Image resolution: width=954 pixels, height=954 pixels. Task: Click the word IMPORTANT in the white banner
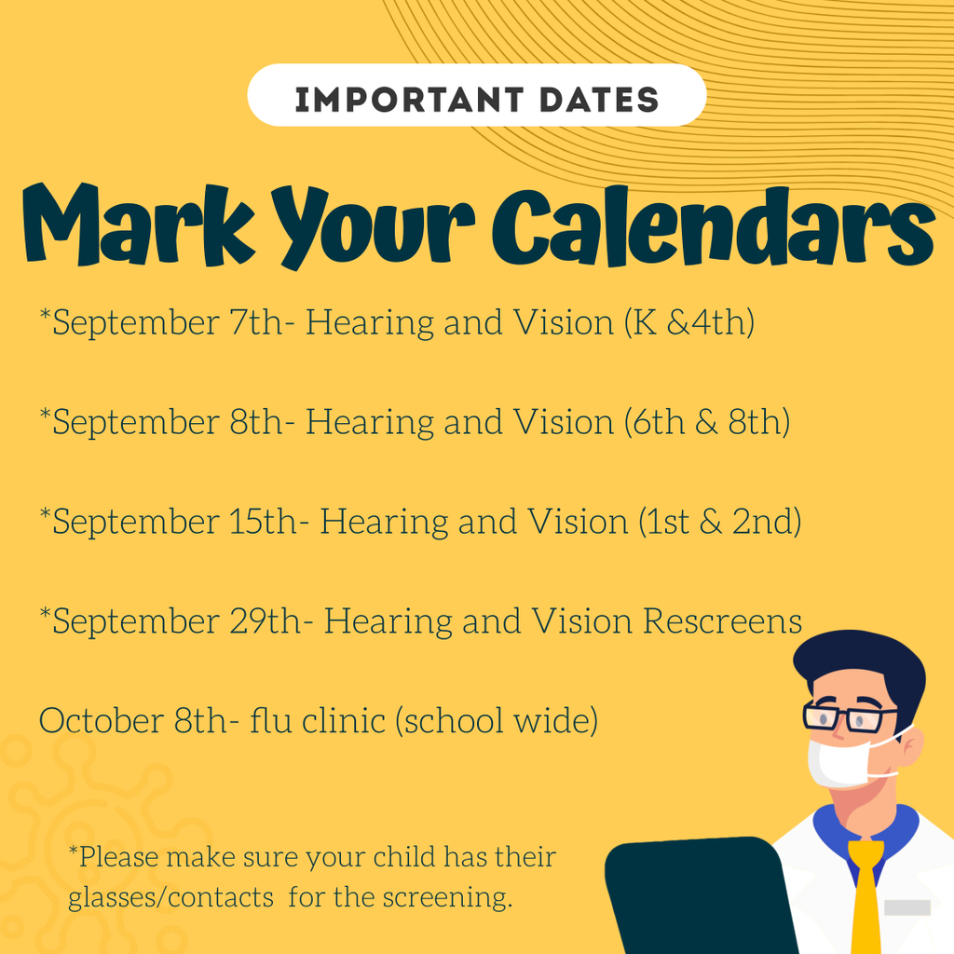409,100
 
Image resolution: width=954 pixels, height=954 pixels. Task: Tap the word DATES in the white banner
599,100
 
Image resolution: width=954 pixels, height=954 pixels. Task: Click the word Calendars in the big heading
713,226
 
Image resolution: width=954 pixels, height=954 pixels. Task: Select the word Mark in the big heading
139,225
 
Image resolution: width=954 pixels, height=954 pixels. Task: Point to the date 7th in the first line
256,321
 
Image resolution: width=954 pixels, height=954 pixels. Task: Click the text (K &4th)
689,321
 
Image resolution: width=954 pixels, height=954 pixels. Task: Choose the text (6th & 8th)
707,422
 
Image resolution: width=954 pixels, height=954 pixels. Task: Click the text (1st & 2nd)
720,522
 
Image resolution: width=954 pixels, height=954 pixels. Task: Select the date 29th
266,621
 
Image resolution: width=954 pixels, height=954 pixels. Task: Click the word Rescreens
723,621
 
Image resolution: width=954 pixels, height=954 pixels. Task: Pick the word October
102,720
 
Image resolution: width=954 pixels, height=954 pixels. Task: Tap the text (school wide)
497,721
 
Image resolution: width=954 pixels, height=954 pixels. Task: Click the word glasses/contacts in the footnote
171,898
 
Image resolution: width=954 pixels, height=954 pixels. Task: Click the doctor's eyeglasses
850,716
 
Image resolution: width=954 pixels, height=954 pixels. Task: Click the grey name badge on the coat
907,907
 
